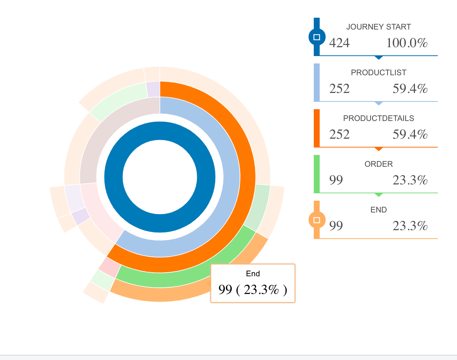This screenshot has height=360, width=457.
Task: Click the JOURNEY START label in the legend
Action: point(378,27)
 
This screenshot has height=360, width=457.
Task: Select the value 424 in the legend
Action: point(339,43)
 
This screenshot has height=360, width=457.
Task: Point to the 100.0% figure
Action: point(407,43)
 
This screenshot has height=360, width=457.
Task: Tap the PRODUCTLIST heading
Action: point(378,73)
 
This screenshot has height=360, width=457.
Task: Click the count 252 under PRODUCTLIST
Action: point(339,89)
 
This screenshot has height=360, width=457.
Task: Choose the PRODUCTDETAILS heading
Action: point(378,118)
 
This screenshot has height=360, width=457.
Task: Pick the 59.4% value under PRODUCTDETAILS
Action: point(410,135)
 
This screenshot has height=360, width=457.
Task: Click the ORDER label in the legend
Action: point(378,164)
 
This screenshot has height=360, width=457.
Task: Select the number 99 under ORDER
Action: point(336,180)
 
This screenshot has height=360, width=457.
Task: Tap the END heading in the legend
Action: point(378,210)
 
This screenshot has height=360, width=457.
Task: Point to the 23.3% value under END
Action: point(410,226)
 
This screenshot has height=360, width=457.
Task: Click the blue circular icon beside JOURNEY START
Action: point(316,37)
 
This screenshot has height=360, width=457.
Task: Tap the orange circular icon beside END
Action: point(316,220)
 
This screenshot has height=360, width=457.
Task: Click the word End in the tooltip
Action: point(253,274)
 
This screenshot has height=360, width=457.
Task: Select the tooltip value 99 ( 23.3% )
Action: point(252,290)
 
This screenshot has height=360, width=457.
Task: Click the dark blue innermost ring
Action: point(160,131)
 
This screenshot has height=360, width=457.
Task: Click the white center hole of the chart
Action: point(160,177)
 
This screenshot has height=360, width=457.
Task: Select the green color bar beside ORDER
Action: point(316,174)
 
